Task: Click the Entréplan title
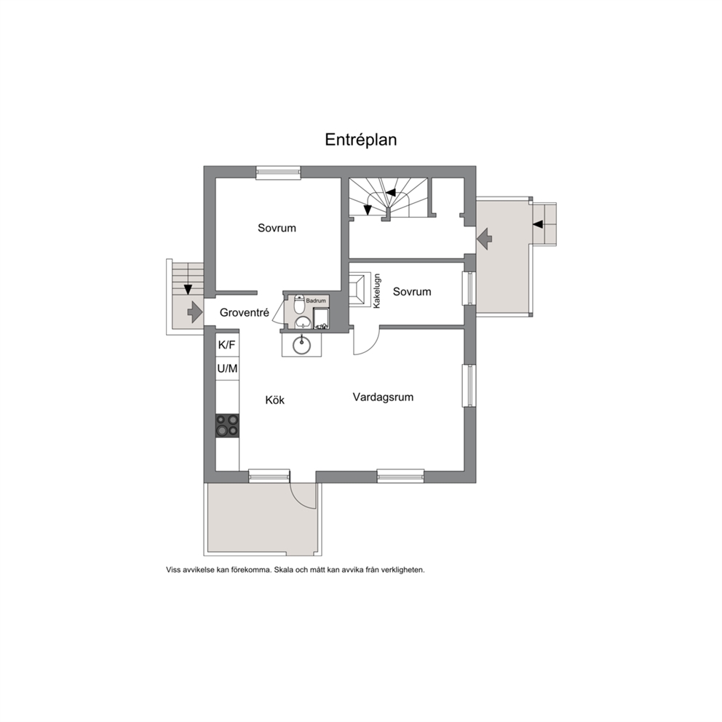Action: click(x=360, y=140)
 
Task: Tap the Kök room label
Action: click(x=275, y=400)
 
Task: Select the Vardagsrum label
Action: click(x=383, y=397)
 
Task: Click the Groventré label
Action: click(x=244, y=313)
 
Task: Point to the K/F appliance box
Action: click(x=227, y=344)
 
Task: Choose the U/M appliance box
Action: click(x=227, y=368)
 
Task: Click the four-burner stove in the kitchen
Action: click(x=228, y=425)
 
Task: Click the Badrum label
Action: click(x=316, y=301)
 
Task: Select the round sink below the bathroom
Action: click(x=301, y=344)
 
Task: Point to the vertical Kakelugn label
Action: click(x=377, y=291)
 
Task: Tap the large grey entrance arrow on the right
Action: click(x=485, y=239)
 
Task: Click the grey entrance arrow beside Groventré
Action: click(x=195, y=312)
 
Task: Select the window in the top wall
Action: click(x=278, y=172)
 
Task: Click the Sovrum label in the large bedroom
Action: click(x=277, y=228)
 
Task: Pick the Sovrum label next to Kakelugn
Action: click(x=412, y=291)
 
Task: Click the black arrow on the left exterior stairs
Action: click(x=188, y=290)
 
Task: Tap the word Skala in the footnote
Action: click(x=283, y=570)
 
